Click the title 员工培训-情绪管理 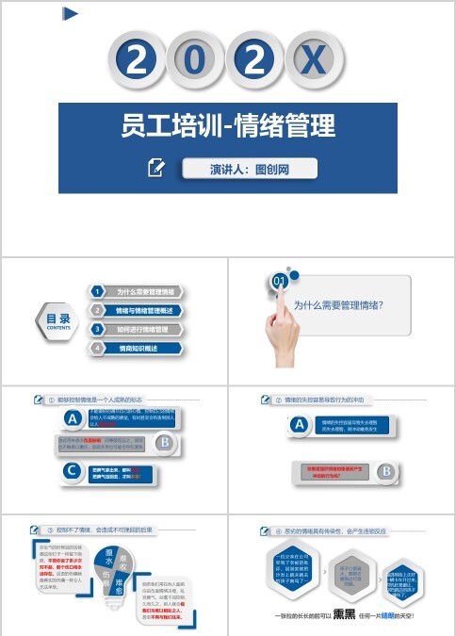(228, 126)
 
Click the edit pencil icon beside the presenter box (157, 169)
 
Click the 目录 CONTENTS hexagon (58, 321)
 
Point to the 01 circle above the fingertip (280, 281)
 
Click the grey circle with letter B (164, 442)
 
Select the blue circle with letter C (72, 472)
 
